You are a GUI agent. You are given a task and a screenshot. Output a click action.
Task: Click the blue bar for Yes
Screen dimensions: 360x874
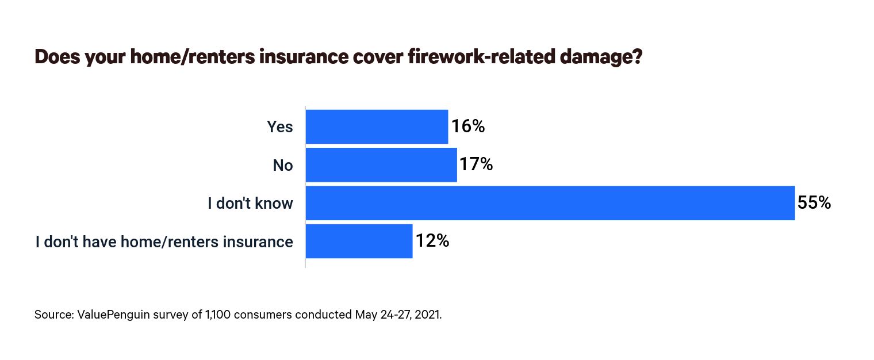pyautogui.click(x=377, y=127)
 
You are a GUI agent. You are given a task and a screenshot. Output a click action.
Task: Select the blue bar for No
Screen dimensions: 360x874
pyautogui.click(x=381, y=165)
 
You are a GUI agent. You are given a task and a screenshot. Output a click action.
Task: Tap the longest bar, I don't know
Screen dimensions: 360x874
pyautogui.click(x=550, y=203)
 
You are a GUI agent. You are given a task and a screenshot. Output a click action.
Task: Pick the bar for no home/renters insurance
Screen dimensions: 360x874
pyautogui.click(x=359, y=242)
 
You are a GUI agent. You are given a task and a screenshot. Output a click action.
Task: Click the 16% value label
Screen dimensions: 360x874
pyautogui.click(x=467, y=127)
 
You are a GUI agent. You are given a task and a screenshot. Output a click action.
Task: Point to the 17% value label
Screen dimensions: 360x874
pyautogui.click(x=476, y=165)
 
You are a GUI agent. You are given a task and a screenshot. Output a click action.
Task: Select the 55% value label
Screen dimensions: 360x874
pyautogui.click(x=814, y=203)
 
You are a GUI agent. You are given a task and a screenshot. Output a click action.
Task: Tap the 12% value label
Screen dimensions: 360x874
pyautogui.click(x=432, y=241)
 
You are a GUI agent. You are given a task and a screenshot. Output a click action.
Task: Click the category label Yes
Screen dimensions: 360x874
pyautogui.click(x=279, y=127)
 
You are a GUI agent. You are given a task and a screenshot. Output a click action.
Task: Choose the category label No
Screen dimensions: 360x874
pyautogui.click(x=282, y=166)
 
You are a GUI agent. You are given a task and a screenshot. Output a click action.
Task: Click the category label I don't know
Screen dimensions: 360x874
pyautogui.click(x=250, y=204)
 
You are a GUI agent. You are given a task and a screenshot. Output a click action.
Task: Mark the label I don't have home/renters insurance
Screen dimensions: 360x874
pyautogui.click(x=164, y=242)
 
